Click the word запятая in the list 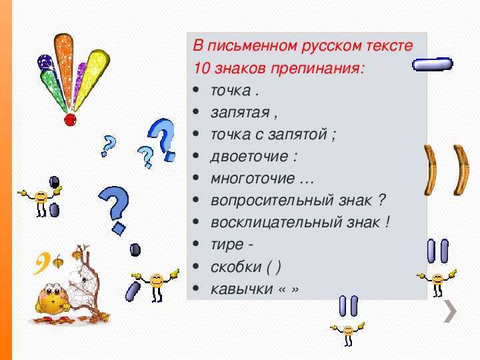[x=240, y=113]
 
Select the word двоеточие [x=249, y=157]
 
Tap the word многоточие [x=253, y=179]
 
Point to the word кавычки [x=241, y=289]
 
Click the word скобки [x=236, y=267]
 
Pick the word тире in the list [x=227, y=245]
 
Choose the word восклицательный [x=276, y=222]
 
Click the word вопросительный [x=272, y=201]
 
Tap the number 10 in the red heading [x=202, y=68]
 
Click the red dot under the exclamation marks [x=70, y=119]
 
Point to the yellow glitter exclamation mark [x=92, y=79]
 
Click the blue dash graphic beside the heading [x=432, y=64]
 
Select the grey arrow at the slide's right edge [x=451, y=311]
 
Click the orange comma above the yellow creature [x=42, y=263]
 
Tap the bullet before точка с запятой [x=196, y=134]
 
